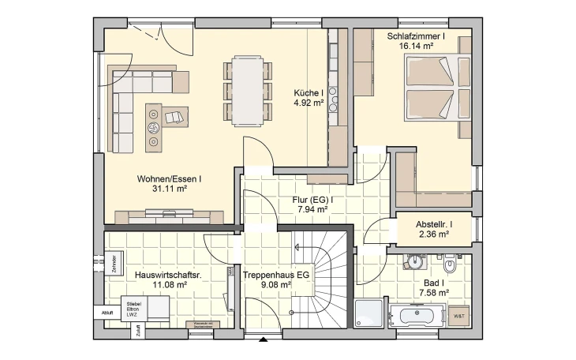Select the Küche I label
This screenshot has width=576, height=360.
pyautogui.click(x=309, y=92)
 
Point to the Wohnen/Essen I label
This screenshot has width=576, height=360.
pyautogui.click(x=168, y=178)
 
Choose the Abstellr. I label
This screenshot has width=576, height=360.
pyautogui.click(x=433, y=223)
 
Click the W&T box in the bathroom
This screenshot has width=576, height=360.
pyautogui.click(x=459, y=317)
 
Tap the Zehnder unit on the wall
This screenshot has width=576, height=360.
pyautogui.click(x=114, y=261)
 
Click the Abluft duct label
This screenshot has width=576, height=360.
pyautogui.click(x=107, y=313)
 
